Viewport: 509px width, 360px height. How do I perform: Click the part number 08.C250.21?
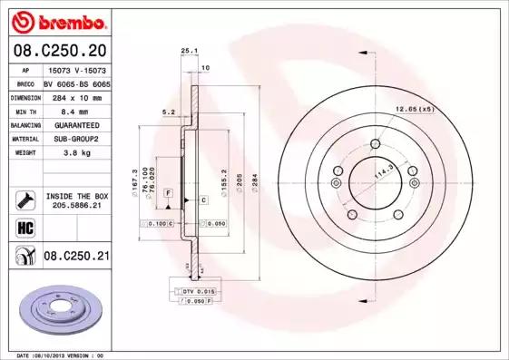76,257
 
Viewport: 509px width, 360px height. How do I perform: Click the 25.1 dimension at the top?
189,52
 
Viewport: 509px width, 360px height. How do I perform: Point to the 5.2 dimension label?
167,112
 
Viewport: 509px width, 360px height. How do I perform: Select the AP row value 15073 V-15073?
76,69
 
